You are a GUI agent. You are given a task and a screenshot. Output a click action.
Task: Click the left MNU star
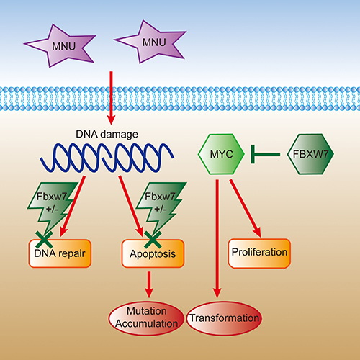point(60,46)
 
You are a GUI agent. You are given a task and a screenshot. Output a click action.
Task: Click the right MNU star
point(150,42)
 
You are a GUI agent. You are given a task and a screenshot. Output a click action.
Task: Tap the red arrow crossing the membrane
point(111,98)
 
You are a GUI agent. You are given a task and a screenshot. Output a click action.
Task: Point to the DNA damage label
point(107,134)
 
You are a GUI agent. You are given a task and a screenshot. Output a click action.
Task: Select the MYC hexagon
point(221,154)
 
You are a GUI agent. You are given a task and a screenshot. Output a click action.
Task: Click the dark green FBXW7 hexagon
point(310,154)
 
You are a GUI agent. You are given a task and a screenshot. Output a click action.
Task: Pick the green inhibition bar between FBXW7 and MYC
point(265,154)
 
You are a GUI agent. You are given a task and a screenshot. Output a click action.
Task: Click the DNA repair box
point(60,253)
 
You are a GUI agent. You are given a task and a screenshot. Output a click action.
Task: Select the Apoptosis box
point(153,253)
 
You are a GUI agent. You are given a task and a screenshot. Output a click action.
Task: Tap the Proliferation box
point(259,253)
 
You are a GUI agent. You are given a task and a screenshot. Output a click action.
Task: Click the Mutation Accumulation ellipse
point(146,318)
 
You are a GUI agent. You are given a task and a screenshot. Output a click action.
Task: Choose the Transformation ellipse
point(225,318)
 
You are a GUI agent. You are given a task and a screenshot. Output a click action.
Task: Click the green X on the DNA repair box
point(44,240)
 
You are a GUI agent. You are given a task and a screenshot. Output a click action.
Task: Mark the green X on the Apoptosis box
point(153,240)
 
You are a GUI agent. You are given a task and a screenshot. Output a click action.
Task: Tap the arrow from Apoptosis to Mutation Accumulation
point(149,285)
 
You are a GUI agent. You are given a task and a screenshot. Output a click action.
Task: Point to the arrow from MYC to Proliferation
point(246,208)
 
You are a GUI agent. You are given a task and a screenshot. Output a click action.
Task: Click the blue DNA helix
point(107,158)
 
